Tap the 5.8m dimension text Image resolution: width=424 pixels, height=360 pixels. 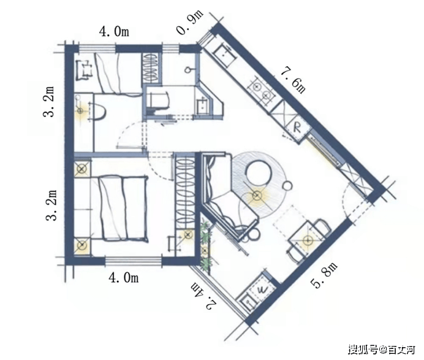(x=324, y=275)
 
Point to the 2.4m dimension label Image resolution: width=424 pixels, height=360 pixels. (x=204, y=296)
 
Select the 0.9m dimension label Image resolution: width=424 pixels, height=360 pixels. (x=190, y=23)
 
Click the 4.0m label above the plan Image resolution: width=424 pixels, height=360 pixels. (x=114, y=31)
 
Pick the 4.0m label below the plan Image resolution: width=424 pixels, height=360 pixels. (x=124, y=278)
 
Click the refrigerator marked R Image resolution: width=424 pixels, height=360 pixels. (x=297, y=128)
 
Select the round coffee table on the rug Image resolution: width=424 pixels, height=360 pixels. (x=258, y=173)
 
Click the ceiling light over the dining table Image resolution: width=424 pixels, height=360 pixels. (x=307, y=240)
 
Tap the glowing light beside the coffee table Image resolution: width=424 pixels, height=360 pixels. (x=256, y=195)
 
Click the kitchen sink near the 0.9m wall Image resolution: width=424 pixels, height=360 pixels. (x=225, y=53)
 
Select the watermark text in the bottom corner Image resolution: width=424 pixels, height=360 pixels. (x=381, y=350)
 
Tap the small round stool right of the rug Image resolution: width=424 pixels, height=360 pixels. (x=287, y=186)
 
